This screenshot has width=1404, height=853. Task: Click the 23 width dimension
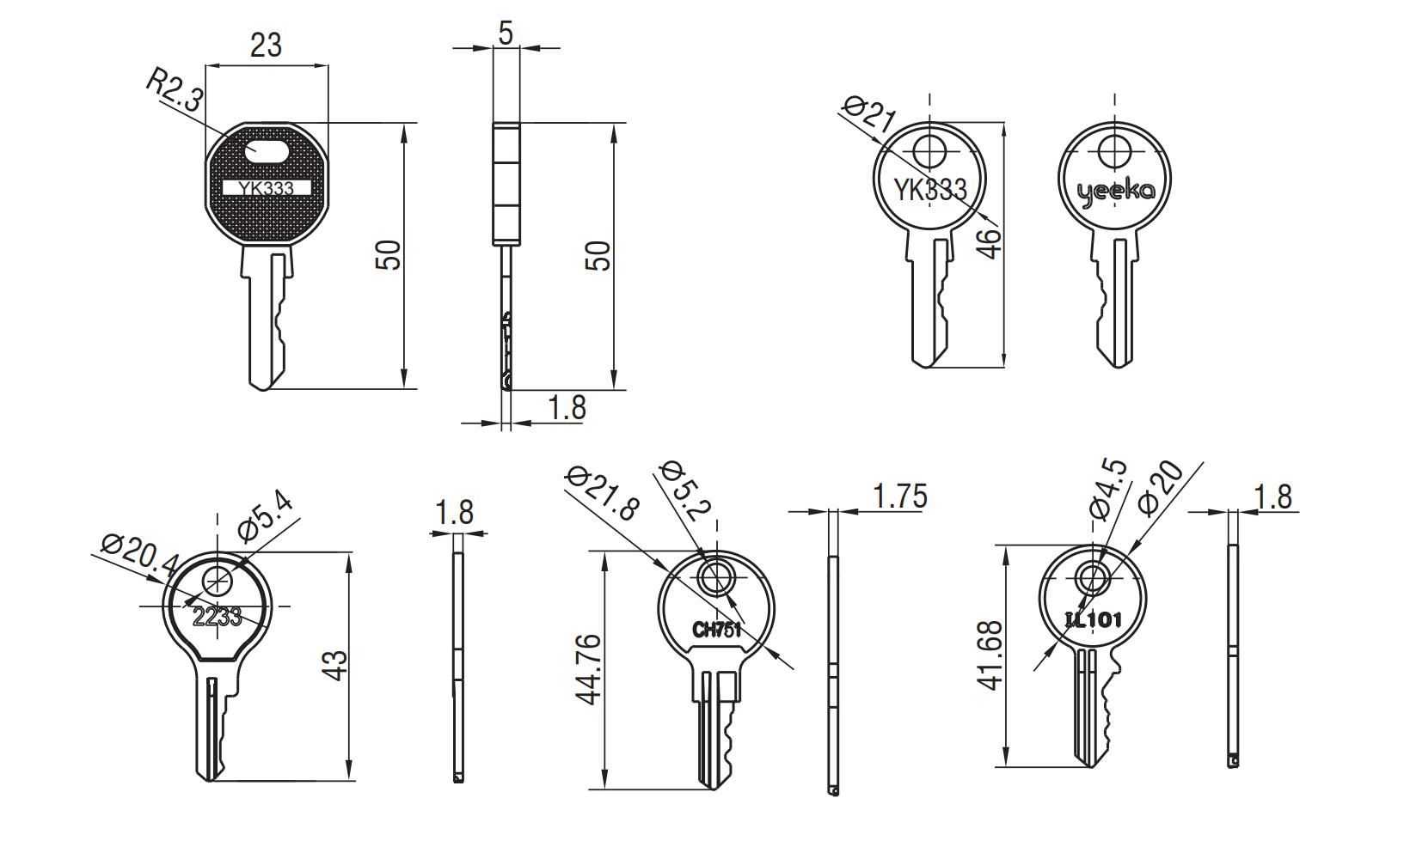tap(266, 44)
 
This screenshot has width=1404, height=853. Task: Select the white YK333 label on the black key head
tap(267, 187)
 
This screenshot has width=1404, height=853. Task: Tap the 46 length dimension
tap(990, 243)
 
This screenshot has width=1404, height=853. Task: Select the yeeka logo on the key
tap(1115, 192)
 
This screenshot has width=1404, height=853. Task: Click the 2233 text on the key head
tap(217, 616)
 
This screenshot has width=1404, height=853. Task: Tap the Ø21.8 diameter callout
tap(603, 494)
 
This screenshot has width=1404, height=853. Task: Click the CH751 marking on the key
tap(716, 630)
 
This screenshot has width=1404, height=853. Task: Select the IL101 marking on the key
tap(1093, 618)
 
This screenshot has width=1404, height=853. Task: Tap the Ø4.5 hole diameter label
tap(1108, 490)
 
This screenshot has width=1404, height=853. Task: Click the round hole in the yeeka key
tap(1114, 152)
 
